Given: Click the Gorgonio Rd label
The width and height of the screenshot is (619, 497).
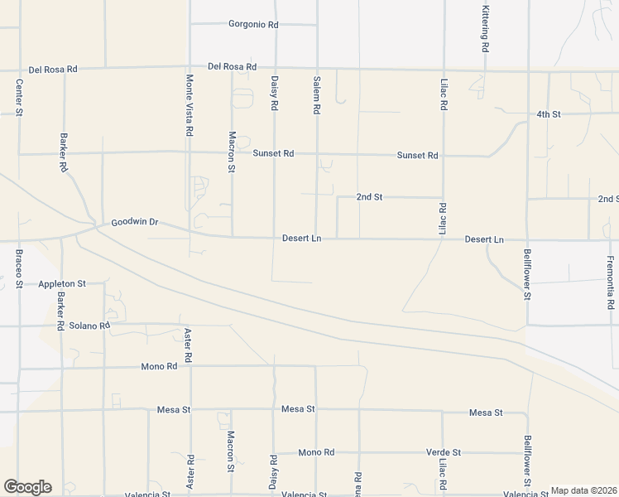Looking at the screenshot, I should (253, 25).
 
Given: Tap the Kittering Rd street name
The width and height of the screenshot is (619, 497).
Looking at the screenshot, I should (485, 29).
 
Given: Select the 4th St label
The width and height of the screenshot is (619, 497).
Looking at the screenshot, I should (548, 113).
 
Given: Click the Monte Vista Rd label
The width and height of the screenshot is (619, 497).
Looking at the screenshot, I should (190, 105).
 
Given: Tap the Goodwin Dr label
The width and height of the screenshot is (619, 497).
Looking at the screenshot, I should (134, 223).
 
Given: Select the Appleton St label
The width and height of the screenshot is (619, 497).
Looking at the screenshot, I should (62, 283).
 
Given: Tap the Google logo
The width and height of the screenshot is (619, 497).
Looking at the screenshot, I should (27, 487).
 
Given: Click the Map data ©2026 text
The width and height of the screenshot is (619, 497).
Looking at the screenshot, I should (583, 490).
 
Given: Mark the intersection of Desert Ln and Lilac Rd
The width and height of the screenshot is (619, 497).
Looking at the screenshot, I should (444, 240).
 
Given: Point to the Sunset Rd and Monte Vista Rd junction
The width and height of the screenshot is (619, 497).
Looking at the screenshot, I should (190, 152).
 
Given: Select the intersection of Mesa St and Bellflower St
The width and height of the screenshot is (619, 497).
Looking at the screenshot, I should (526, 413).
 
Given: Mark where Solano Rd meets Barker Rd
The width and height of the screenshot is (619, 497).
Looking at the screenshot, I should (61, 325).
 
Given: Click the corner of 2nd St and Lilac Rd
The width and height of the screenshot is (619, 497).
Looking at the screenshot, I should (444, 197).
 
